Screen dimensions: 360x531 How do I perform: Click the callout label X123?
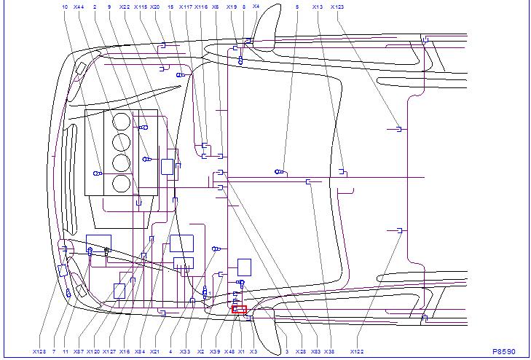click(x=337, y=7)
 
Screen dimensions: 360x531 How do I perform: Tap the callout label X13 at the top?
click(x=317, y=7)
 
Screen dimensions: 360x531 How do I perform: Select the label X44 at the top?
click(x=79, y=7)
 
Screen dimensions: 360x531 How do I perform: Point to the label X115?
click(x=140, y=7)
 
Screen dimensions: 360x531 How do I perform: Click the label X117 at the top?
click(x=186, y=7)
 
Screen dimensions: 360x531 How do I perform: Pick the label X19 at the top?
click(x=232, y=7)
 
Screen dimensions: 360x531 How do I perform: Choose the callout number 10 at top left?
click(x=65, y=7)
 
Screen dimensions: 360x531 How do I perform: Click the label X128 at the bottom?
click(x=39, y=351)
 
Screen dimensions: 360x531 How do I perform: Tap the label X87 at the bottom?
click(x=79, y=351)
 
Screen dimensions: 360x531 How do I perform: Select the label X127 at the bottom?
click(x=109, y=351)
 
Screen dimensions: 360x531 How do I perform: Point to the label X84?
click(x=140, y=351)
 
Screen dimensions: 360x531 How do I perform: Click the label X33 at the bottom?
click(x=186, y=351)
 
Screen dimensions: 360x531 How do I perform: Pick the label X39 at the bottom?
click(x=215, y=351)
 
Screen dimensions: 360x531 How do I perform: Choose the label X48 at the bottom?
click(x=229, y=351)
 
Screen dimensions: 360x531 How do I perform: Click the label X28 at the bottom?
click(x=301, y=351)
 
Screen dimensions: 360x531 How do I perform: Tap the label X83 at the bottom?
click(x=315, y=351)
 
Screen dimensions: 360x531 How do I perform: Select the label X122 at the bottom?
click(x=357, y=351)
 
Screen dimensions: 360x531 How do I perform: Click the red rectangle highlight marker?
click(x=239, y=310)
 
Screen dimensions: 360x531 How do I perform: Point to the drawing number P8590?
click(x=503, y=351)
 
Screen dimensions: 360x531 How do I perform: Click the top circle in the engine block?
click(x=122, y=121)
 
